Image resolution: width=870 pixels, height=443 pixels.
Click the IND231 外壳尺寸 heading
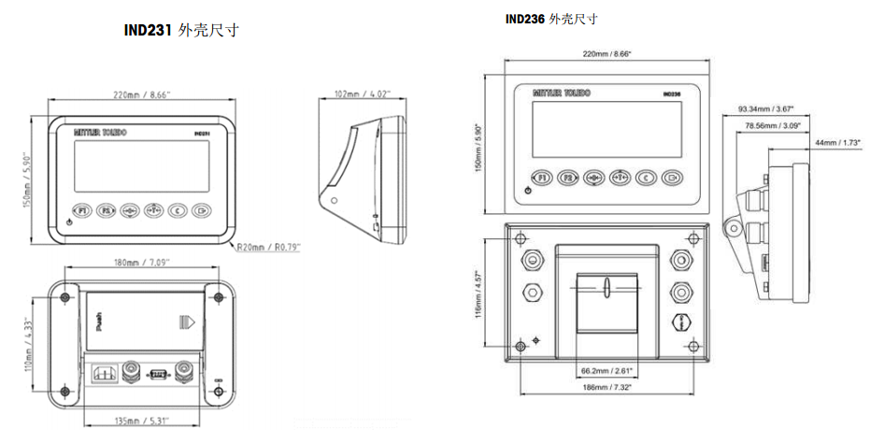coord(181,30)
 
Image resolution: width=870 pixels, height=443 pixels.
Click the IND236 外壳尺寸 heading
coord(551,18)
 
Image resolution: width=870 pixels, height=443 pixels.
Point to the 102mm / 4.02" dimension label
coord(362,93)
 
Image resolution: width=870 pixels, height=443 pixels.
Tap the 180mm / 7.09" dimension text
coord(142,264)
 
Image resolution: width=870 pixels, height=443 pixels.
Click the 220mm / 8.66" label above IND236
coord(606,55)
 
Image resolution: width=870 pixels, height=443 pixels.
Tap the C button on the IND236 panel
coord(645,177)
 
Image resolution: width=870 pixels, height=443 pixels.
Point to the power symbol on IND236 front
coord(529,190)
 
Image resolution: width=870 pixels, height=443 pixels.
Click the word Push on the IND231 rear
coord(99,324)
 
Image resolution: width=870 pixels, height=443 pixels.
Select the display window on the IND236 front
coord(606,129)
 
